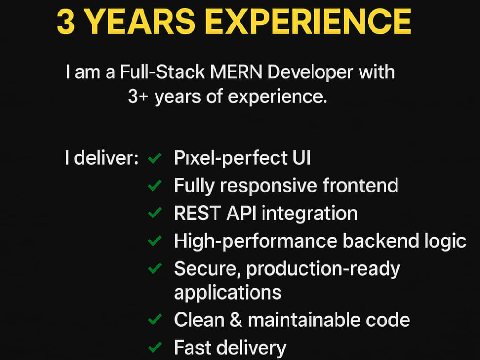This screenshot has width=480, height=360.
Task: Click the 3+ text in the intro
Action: coord(139,96)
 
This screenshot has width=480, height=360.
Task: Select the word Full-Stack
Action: coord(161,72)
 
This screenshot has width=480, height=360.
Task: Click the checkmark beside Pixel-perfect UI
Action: coord(155,159)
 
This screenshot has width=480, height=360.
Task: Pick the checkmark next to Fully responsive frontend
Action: coord(155,186)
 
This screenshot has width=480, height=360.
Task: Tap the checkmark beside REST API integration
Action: coord(155,213)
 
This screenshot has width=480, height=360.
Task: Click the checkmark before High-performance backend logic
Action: coord(155,241)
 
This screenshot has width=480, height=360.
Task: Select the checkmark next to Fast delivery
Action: coord(155,347)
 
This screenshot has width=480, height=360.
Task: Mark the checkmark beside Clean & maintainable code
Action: coord(155,319)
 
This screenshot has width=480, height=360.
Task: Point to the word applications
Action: coord(228,292)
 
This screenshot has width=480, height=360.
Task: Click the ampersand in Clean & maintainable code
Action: coord(236,320)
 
